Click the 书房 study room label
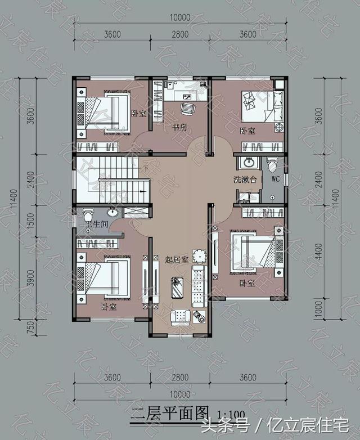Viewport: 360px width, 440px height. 179,128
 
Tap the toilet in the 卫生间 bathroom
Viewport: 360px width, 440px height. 88,215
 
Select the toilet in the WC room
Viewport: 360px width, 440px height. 273,165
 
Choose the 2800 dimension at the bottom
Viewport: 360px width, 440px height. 179,378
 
